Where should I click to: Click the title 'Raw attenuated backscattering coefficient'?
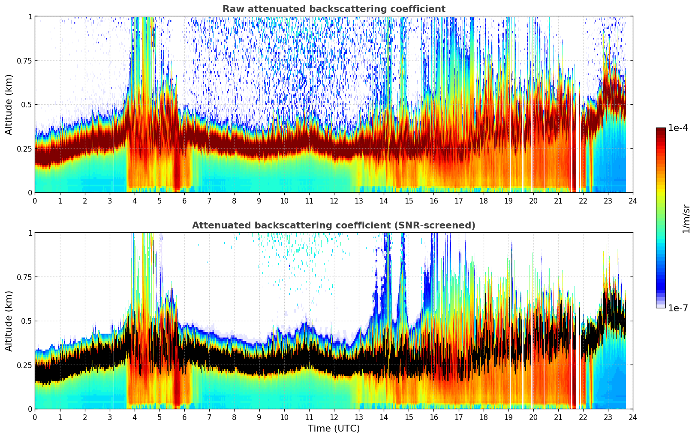(x=334, y=9)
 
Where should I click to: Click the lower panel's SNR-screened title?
(x=334, y=225)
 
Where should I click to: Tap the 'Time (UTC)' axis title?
(x=334, y=429)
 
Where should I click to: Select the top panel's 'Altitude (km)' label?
(x=9, y=104)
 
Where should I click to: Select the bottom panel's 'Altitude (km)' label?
(x=9, y=321)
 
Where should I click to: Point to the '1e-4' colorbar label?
(x=678, y=128)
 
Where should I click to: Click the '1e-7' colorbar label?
(x=678, y=308)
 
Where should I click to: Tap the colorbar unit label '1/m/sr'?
(x=686, y=219)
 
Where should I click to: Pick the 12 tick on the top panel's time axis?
(x=334, y=201)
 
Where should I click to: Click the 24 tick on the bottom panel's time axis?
(x=633, y=417)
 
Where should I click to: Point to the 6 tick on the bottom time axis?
(x=184, y=417)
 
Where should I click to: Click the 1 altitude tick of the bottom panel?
(x=30, y=233)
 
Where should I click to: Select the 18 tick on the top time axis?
(x=483, y=201)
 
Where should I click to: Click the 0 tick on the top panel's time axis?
(x=35, y=201)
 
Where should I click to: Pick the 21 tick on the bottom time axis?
(x=558, y=417)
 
